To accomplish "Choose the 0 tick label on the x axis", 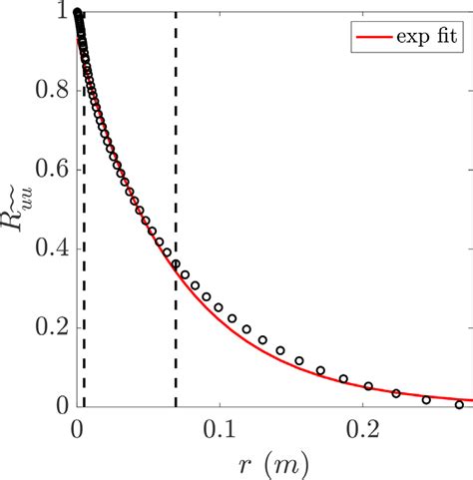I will [x=77, y=425].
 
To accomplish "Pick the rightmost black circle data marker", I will [x=459, y=404].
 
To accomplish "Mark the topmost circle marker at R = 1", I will [x=77, y=13].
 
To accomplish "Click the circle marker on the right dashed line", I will [x=177, y=264].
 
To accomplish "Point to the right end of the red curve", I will [x=471, y=399].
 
